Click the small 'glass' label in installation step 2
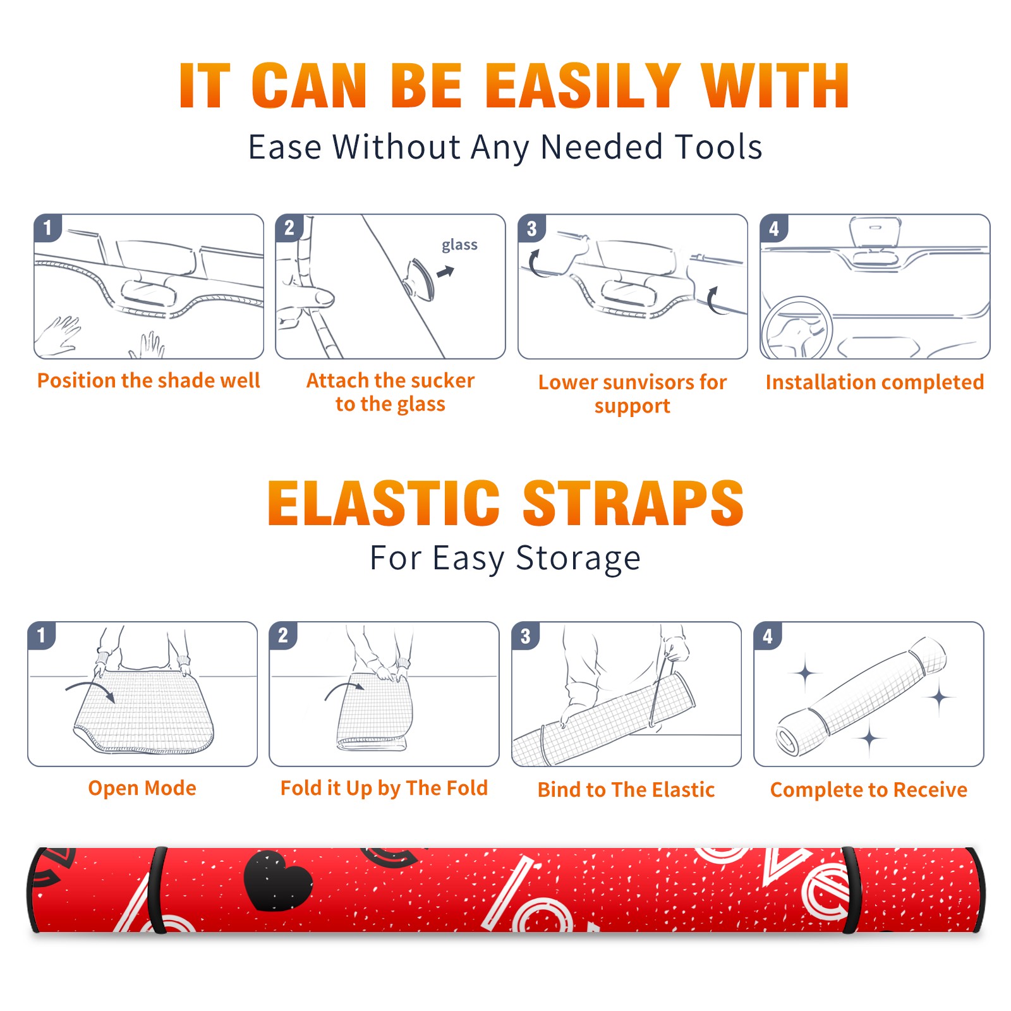(x=459, y=245)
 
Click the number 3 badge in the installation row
(x=532, y=228)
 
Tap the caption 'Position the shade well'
(x=148, y=380)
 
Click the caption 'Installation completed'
(x=875, y=382)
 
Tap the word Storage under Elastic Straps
(x=578, y=559)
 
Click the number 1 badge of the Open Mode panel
(x=42, y=635)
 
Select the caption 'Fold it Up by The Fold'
(x=384, y=788)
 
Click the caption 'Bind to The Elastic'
(x=626, y=789)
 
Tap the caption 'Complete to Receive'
(x=869, y=789)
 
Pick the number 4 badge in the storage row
(x=768, y=636)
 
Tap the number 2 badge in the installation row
(x=289, y=227)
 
